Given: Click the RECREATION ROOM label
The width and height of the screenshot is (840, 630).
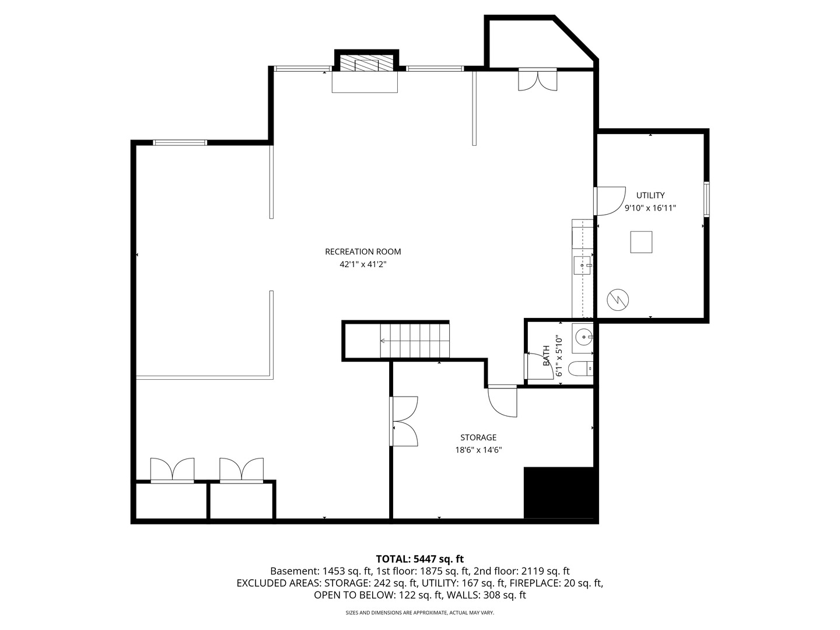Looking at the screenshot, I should [x=363, y=252].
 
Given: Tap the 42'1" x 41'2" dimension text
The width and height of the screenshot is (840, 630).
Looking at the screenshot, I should [x=363, y=264].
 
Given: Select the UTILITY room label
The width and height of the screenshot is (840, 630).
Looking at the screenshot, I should [x=650, y=195].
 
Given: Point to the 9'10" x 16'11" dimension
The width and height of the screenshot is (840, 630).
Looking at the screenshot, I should [x=650, y=208].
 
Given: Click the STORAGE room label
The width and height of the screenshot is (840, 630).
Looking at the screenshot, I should [x=478, y=437].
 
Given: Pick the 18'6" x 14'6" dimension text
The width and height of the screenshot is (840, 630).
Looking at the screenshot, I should [x=478, y=450].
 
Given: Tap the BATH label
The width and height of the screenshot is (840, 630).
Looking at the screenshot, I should [x=547, y=355].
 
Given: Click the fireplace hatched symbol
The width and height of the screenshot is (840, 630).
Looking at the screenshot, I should [x=366, y=64].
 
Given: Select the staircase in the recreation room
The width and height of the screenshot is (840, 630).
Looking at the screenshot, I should [x=414, y=340].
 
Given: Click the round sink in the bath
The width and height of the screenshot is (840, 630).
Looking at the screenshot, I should [x=583, y=337].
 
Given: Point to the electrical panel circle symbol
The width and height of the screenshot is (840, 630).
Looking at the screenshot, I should [x=618, y=299].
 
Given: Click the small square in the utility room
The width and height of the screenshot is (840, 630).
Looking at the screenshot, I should [x=641, y=242].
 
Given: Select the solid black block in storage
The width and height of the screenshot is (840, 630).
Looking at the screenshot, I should [x=560, y=492].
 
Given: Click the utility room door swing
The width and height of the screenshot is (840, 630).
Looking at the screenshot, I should [x=610, y=200].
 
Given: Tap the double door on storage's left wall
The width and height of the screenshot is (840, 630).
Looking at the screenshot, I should [x=404, y=421].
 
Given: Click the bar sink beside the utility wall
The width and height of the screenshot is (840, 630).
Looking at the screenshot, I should [x=582, y=265].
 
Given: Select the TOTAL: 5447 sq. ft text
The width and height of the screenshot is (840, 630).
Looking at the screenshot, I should [x=419, y=559].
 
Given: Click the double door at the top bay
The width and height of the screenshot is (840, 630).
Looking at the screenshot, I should [x=538, y=80].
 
